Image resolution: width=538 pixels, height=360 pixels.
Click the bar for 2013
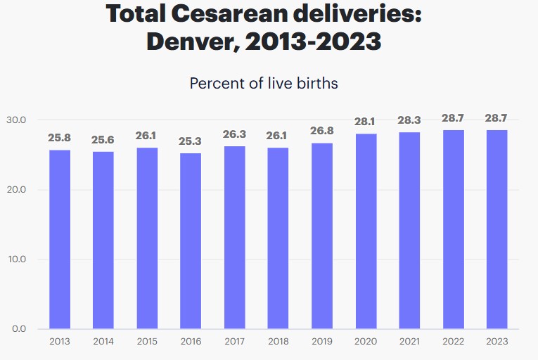pyautogui.click(x=59, y=239)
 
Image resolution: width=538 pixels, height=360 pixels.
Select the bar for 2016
pyautogui.click(x=191, y=240)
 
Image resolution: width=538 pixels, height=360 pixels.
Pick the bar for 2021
pyautogui.click(x=409, y=230)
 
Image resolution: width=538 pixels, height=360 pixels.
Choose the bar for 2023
pyautogui.click(x=497, y=229)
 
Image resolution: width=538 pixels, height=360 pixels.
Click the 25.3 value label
pyautogui.click(x=191, y=142)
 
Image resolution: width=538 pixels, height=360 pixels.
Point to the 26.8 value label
pyautogui.click(x=322, y=131)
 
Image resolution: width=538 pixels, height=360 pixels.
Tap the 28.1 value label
pyautogui.click(x=366, y=122)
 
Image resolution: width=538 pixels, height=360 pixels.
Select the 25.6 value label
pyautogui.click(x=103, y=140)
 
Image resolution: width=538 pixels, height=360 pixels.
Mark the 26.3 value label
pyautogui.click(x=234, y=135)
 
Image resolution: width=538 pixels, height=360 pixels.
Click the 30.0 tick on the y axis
pyautogui.click(x=15, y=120)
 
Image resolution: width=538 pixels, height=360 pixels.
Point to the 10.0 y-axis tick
pyautogui.click(x=15, y=259)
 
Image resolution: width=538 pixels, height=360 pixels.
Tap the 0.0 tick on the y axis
pyautogui.click(x=18, y=329)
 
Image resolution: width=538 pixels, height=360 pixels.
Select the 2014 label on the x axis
pyautogui.click(x=103, y=342)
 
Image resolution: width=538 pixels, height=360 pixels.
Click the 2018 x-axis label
pyautogui.click(x=278, y=342)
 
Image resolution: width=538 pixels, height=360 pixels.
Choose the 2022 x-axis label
pyautogui.click(x=453, y=342)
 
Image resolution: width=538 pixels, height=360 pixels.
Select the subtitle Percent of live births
pyautogui.click(x=264, y=83)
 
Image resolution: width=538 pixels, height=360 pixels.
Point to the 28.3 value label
pyautogui.click(x=409, y=120)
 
